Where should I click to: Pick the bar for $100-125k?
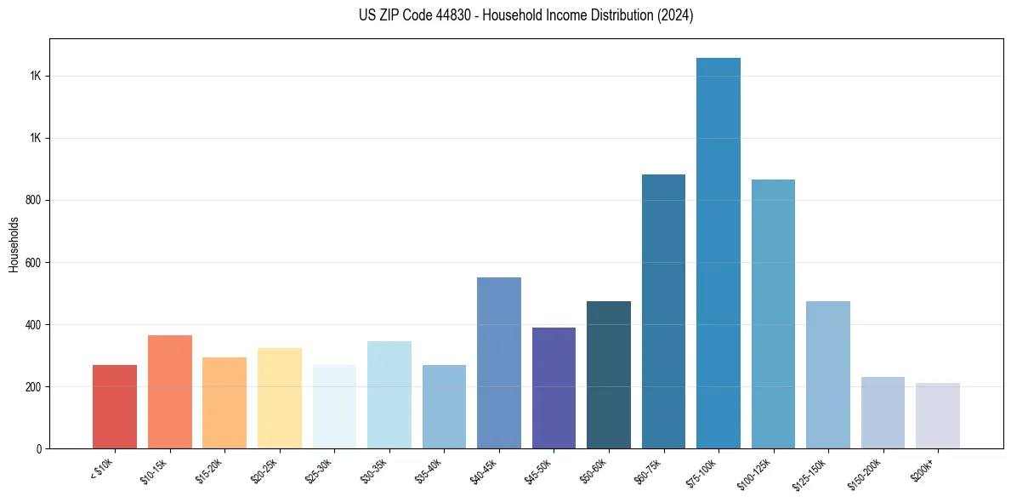coord(773,314)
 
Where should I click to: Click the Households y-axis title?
coord(14,244)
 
